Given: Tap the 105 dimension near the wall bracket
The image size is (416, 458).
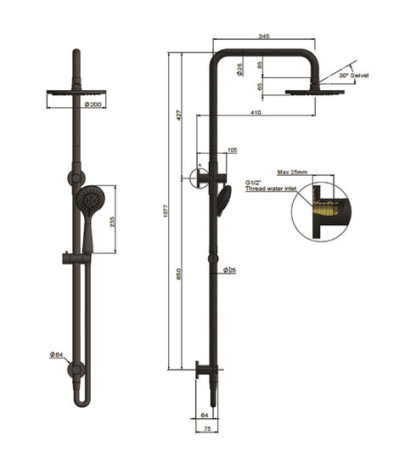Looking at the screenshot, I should click(233, 150).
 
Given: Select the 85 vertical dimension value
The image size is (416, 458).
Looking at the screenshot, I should click(260, 64).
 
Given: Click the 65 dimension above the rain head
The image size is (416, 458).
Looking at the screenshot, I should click(260, 85).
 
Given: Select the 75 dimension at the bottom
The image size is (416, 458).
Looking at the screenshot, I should click(205, 430).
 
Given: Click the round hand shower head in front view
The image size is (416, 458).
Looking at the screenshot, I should click(90, 202).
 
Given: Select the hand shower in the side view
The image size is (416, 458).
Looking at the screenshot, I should click(224, 201).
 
